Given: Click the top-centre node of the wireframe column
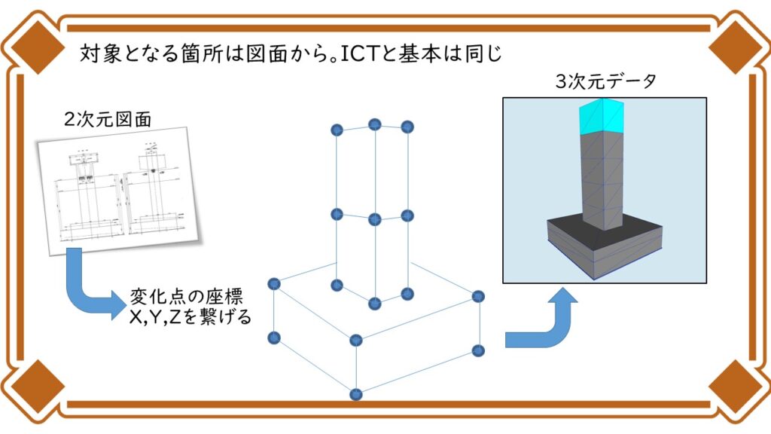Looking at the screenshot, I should tap(375, 124).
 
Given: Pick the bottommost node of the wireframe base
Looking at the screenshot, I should tap(355, 393).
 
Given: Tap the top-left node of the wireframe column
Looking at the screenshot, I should tap(337, 130).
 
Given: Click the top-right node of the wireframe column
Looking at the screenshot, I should tap(407, 127).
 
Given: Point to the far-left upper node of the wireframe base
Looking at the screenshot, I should tap(274, 284).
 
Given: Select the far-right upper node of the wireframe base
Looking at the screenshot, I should tap(477, 297).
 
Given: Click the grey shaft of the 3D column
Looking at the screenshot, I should tap(602, 177).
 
